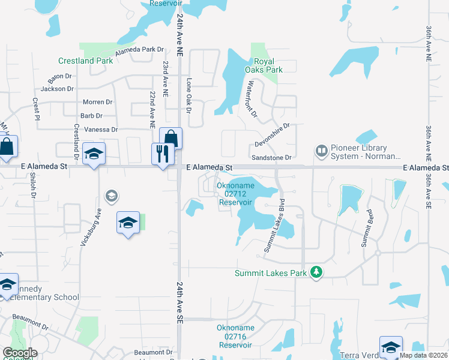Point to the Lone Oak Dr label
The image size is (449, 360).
(x=188, y=96)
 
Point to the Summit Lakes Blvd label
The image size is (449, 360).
(x=273, y=225)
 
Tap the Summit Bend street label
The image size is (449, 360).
(x=367, y=228)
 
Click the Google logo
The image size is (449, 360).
(x=20, y=353)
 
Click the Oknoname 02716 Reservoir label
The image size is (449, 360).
(x=235, y=337)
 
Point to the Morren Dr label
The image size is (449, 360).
(x=97, y=102)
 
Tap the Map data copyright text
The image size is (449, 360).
(x=423, y=355)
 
